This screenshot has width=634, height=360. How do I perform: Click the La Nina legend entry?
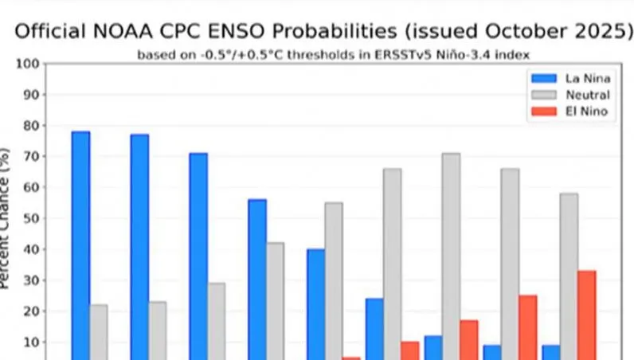click(570, 78)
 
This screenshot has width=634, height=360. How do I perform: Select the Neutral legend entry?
click(570, 95)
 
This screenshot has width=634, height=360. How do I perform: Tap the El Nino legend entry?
click(569, 112)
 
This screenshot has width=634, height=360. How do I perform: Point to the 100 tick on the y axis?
click(28, 64)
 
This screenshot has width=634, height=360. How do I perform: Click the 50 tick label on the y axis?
click(32, 218)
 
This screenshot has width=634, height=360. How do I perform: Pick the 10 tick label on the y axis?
click(32, 342)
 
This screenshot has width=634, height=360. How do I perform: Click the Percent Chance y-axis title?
click(4, 218)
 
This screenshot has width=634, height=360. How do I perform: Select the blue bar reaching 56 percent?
click(257, 280)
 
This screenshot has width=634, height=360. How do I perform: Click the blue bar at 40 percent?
click(315, 304)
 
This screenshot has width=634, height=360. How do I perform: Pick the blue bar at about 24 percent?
click(374, 329)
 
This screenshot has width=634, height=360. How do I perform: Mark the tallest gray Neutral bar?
click(452, 256)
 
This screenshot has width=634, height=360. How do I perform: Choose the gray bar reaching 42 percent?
click(276, 301)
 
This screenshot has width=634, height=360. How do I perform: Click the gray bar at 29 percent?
click(217, 321)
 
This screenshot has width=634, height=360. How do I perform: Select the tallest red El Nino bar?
click(587, 315)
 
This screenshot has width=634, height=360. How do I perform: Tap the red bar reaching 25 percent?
click(528, 327)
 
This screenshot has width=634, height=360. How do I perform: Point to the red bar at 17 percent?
click(469, 340)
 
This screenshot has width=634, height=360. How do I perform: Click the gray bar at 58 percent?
click(569, 276)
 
